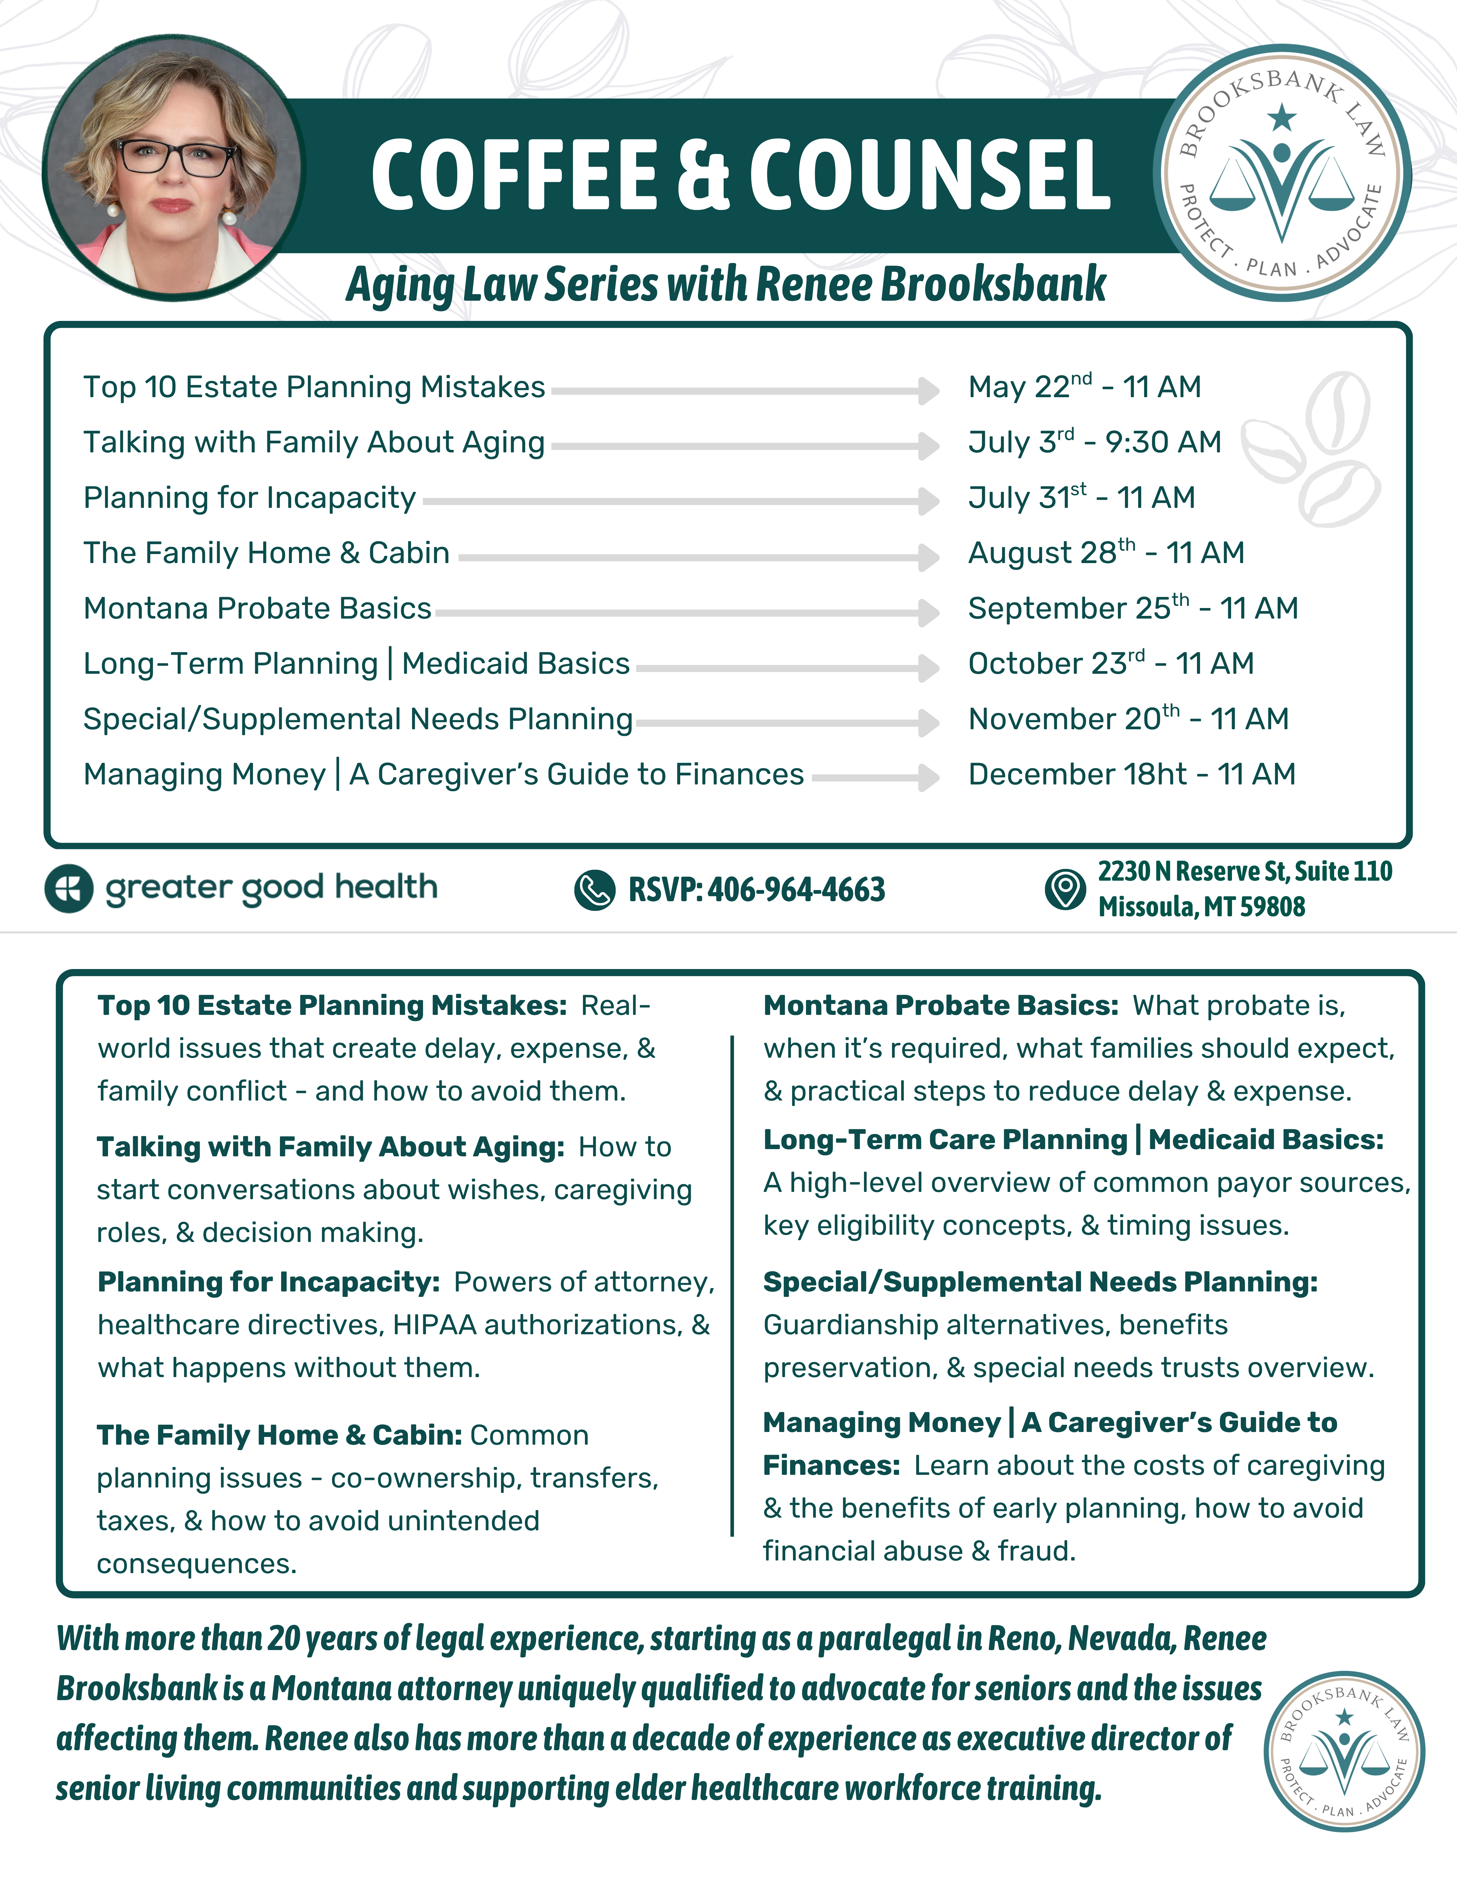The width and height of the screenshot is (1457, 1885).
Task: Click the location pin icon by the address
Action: tap(1065, 889)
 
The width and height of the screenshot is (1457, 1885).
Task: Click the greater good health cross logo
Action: tap(69, 888)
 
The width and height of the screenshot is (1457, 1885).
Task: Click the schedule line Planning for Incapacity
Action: tap(249, 498)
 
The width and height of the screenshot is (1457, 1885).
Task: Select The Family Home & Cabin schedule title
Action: tap(267, 553)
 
